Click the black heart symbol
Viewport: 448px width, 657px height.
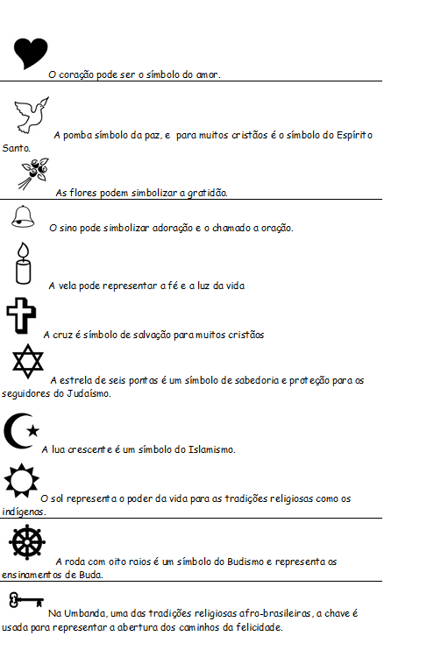(32, 53)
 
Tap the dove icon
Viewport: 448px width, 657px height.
(32, 115)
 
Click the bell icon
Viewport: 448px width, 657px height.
(24, 215)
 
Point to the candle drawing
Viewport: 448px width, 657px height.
(23, 264)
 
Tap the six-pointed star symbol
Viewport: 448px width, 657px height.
(27, 363)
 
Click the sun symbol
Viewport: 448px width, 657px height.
(19, 480)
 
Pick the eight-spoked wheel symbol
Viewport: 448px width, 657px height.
(26, 543)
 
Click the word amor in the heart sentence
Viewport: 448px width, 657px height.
(209, 75)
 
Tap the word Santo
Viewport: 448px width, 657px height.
(16, 149)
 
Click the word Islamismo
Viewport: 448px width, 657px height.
(211, 450)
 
